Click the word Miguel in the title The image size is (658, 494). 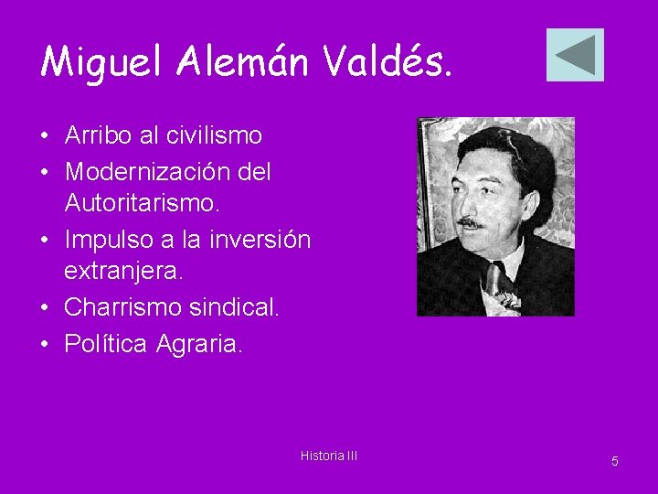pyautogui.click(x=101, y=61)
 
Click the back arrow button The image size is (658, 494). pyautogui.click(x=575, y=55)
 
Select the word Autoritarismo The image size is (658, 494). pyautogui.click(x=142, y=205)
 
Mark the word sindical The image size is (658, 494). pyautogui.click(x=234, y=308)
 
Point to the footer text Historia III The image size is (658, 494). pyautogui.click(x=329, y=455)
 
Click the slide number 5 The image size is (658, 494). pyautogui.click(x=614, y=461)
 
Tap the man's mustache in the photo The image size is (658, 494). pyautogui.click(x=470, y=222)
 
